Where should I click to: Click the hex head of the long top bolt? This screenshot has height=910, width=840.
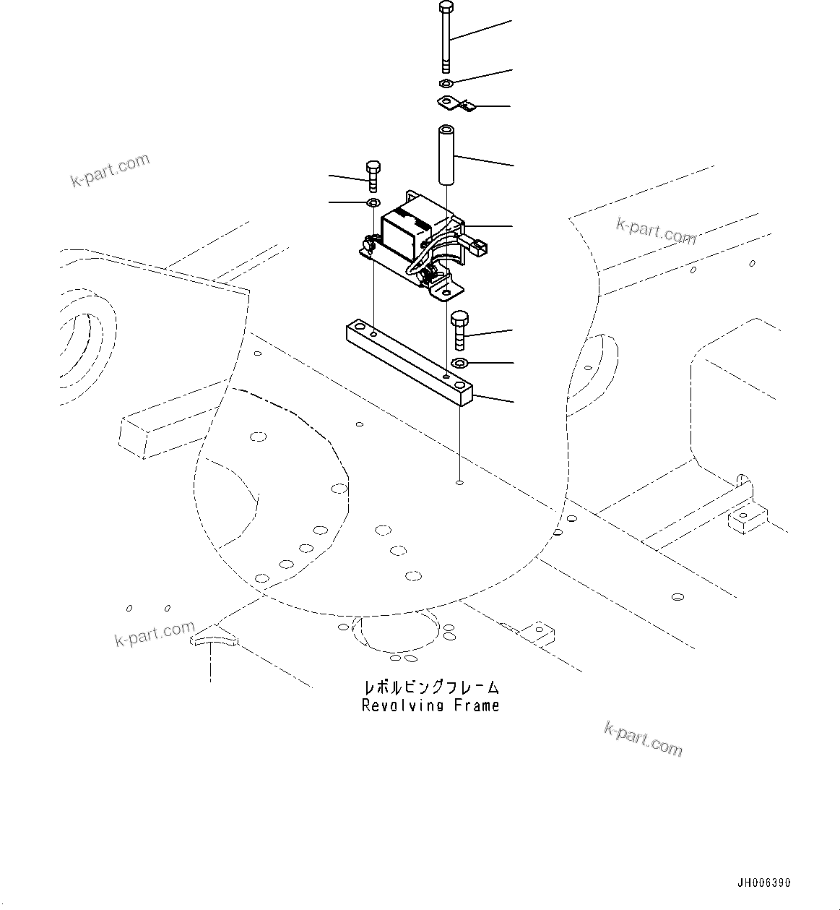pos(446,9)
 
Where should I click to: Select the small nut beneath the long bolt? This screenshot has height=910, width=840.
pos(446,84)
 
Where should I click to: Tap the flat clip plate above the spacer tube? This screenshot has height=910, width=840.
pos(456,104)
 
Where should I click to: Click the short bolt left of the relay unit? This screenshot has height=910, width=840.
pos(373,176)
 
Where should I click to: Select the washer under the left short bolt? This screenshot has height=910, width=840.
pos(373,202)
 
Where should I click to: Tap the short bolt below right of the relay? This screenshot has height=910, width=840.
pos(459,329)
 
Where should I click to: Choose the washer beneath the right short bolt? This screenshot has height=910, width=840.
pos(459,362)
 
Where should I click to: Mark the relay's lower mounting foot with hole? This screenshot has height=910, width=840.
pos(444,291)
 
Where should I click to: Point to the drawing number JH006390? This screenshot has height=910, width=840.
pos(763,883)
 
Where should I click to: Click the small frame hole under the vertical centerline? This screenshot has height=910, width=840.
pos(460,481)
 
